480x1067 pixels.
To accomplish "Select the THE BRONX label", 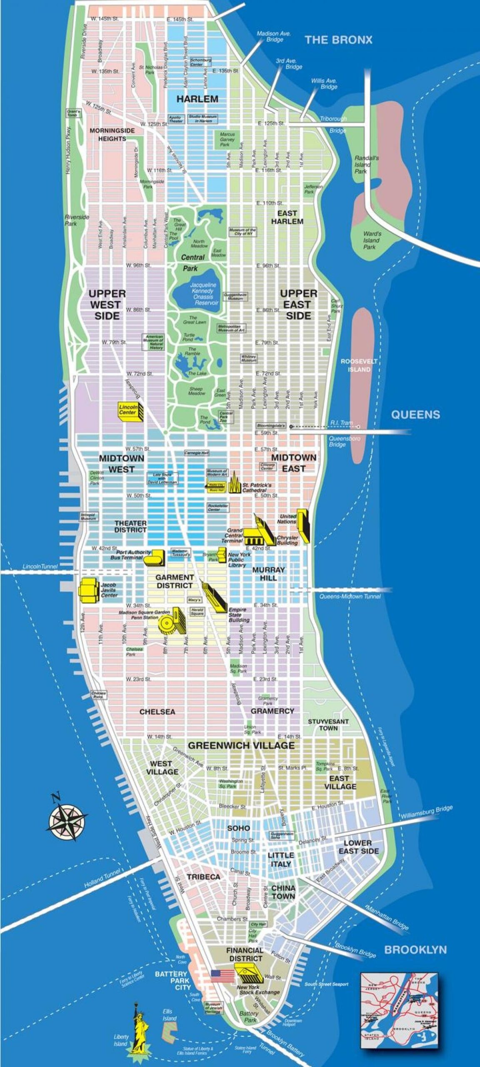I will (338, 40).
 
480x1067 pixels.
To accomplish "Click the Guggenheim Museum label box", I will (236, 297).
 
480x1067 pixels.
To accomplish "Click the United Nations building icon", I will (303, 526).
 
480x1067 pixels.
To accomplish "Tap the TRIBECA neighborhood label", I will (203, 877).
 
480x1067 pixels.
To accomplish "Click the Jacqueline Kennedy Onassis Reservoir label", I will (203, 294).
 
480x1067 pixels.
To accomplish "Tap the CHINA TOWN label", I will (283, 892).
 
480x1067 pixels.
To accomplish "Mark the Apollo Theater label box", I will (175, 119).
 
